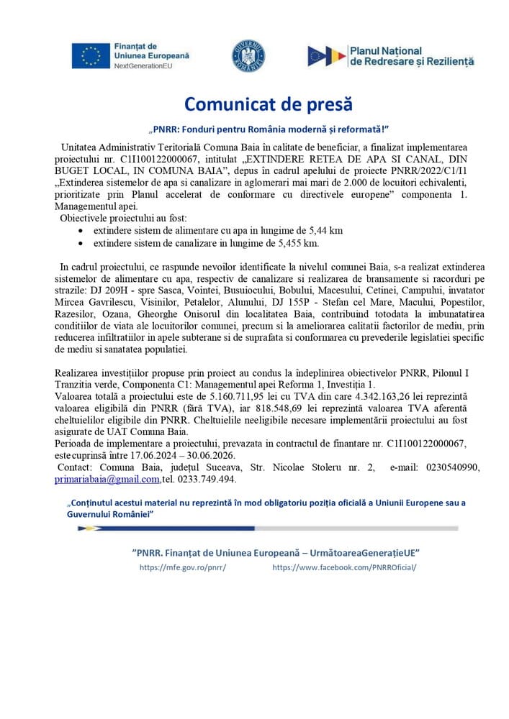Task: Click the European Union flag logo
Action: (x=91, y=55)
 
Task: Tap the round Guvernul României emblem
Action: (x=248, y=55)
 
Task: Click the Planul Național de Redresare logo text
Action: (x=411, y=56)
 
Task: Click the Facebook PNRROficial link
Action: (x=344, y=567)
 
